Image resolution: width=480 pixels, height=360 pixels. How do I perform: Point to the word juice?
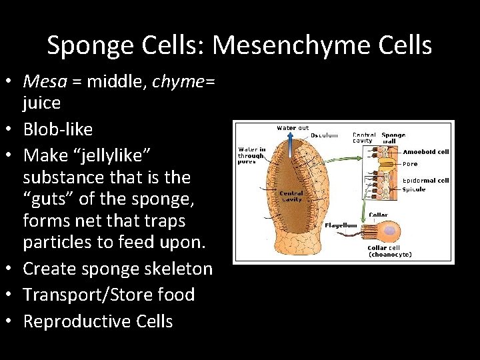coord(41,103)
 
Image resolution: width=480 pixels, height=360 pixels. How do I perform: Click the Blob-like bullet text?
coord(58,129)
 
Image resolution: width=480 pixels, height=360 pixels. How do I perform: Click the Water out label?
coord(293,128)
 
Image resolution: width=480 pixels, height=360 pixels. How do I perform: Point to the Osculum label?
coord(324,135)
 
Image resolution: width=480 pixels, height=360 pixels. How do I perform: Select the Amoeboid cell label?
coord(425,152)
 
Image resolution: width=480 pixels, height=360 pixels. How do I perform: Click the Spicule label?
coord(414,189)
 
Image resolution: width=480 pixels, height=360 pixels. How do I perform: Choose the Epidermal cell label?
coord(425,181)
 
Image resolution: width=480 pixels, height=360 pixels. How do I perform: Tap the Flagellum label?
coord(341,225)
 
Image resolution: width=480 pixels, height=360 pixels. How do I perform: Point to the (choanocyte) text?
coord(390,254)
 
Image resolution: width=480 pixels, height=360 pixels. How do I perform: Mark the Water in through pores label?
coord(252,155)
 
